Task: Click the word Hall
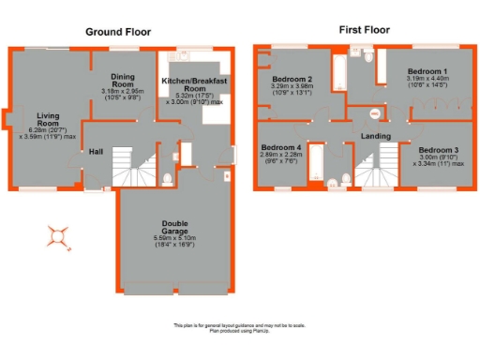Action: point(96,151)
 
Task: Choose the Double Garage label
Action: point(173,230)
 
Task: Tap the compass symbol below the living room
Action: point(59,235)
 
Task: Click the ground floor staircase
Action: point(126,171)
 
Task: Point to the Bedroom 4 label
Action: point(281,148)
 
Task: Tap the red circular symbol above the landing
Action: point(375,114)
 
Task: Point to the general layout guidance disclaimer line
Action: point(239,325)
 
